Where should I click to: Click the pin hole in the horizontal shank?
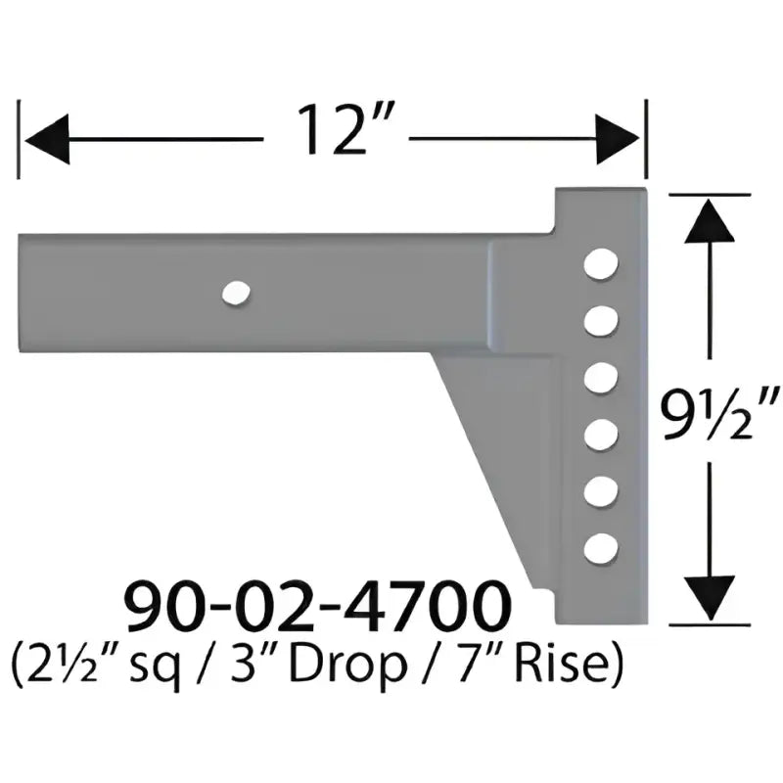(236, 292)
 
